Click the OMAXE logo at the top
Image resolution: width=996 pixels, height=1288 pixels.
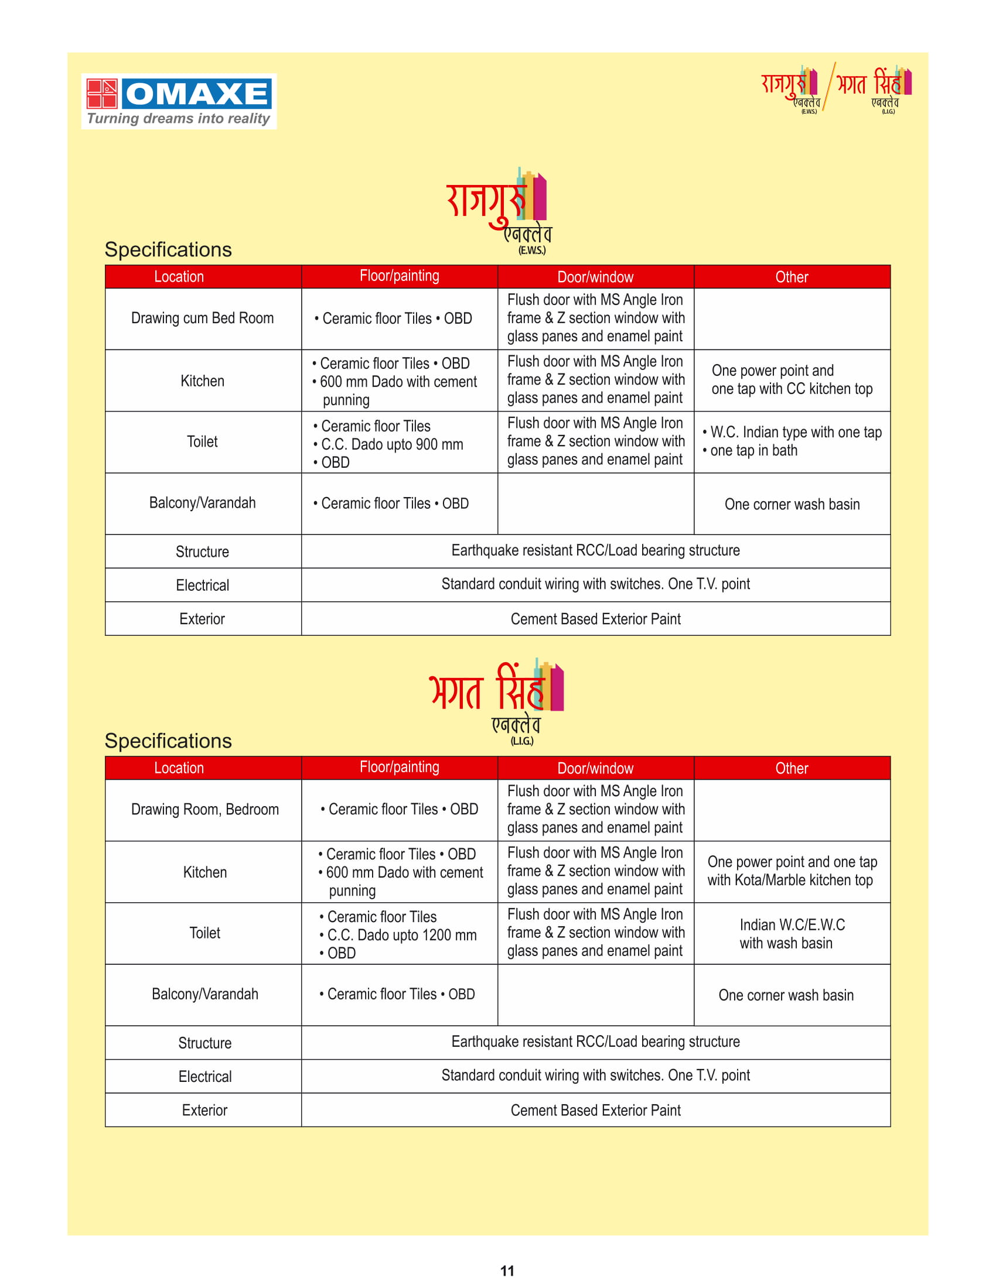tap(179, 94)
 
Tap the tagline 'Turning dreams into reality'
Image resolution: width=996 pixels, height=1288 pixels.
tap(178, 118)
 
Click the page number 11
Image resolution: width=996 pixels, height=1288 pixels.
tap(507, 1270)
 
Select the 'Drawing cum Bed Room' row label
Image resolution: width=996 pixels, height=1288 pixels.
tap(202, 318)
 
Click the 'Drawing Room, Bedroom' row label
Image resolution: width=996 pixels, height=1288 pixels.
tap(204, 809)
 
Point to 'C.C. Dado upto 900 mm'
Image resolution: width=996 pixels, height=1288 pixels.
tap(392, 444)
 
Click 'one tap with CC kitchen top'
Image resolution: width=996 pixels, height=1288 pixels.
tap(792, 389)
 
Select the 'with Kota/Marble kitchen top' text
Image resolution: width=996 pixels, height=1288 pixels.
tap(790, 880)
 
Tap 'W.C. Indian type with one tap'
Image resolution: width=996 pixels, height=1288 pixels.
tap(796, 432)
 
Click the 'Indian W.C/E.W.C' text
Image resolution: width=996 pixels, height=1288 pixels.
tap(792, 924)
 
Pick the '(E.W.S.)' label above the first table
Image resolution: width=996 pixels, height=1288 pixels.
tap(531, 251)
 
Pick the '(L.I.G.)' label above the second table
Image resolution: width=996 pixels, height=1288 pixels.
tap(521, 741)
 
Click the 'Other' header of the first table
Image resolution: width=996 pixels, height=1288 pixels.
tap(792, 277)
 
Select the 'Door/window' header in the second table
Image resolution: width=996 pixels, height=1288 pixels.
tap(595, 768)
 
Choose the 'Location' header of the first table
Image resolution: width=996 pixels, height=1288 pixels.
tap(179, 276)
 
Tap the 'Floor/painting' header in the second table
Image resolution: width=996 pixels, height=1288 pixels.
tap(400, 767)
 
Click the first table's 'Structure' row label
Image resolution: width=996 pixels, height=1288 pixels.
tap(202, 551)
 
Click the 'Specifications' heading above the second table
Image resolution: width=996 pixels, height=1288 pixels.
tap(168, 741)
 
